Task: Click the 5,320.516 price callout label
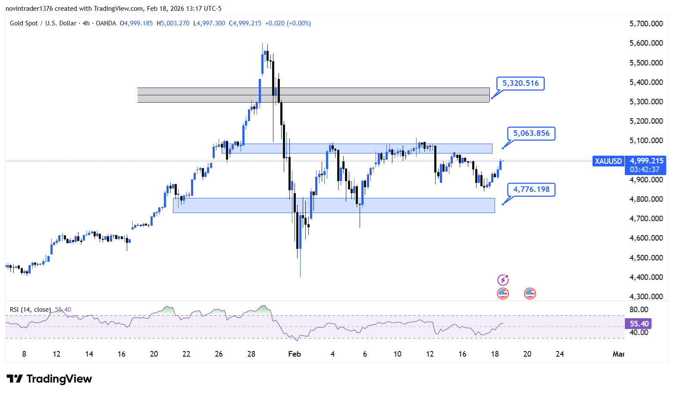point(520,83)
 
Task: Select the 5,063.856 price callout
point(531,133)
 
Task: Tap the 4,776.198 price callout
point(531,190)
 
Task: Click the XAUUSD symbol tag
point(608,161)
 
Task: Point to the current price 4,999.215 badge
point(646,165)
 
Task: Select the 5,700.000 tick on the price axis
point(646,23)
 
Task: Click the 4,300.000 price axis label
point(646,296)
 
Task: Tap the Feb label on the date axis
point(294,354)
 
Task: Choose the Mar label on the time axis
point(619,354)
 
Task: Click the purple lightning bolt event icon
point(503,280)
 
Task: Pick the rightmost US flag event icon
point(530,294)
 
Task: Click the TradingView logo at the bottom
point(49,379)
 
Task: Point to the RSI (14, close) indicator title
point(30,310)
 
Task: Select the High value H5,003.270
point(173,23)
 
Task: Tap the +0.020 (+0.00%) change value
point(288,23)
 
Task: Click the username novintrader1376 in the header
point(29,9)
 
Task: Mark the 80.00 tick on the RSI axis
point(639,310)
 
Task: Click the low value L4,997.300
point(209,23)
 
